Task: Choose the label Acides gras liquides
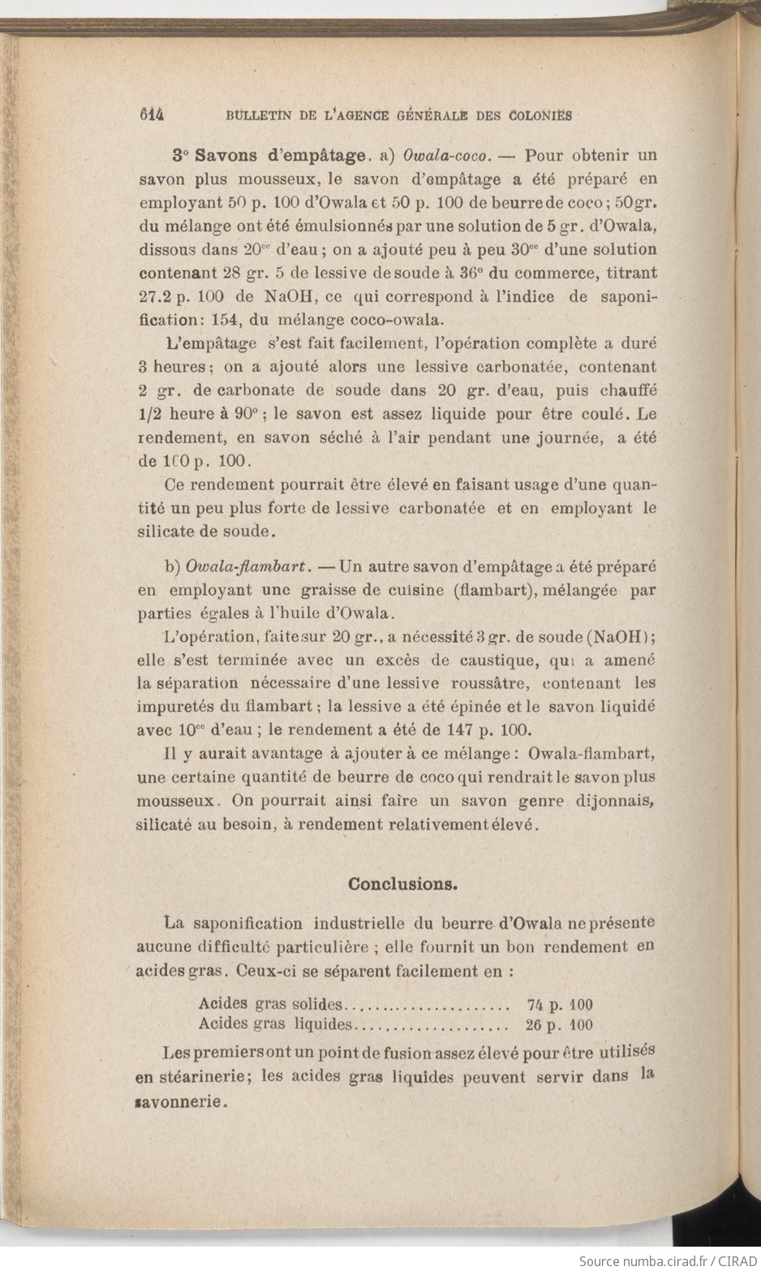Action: coord(276,1024)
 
